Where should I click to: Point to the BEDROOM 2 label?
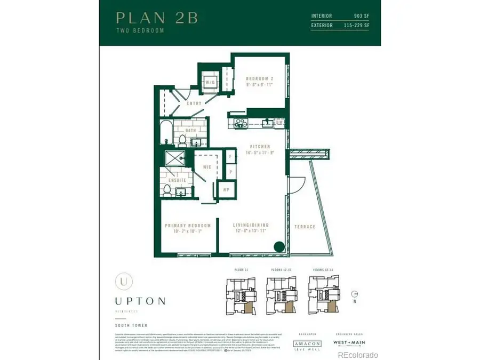[x=260, y=78]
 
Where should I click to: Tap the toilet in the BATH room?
[x=182, y=140]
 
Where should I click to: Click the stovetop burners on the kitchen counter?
[x=241, y=123]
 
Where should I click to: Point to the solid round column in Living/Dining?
[x=278, y=247]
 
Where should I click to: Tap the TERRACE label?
[x=305, y=227]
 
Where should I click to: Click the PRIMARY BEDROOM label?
[x=188, y=226]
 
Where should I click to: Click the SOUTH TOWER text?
[x=130, y=325]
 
